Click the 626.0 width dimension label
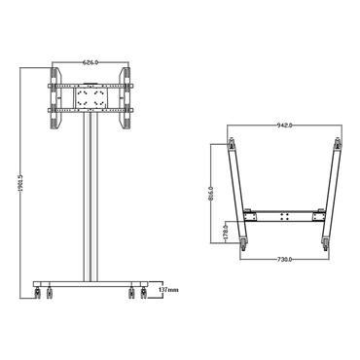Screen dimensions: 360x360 click(x=90, y=62)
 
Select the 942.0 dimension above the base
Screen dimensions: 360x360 click(x=284, y=126)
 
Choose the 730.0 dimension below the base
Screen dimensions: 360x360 click(x=284, y=262)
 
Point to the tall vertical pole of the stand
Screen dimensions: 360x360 click(x=90, y=195)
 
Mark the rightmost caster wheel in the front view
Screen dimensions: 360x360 click(x=141, y=292)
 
